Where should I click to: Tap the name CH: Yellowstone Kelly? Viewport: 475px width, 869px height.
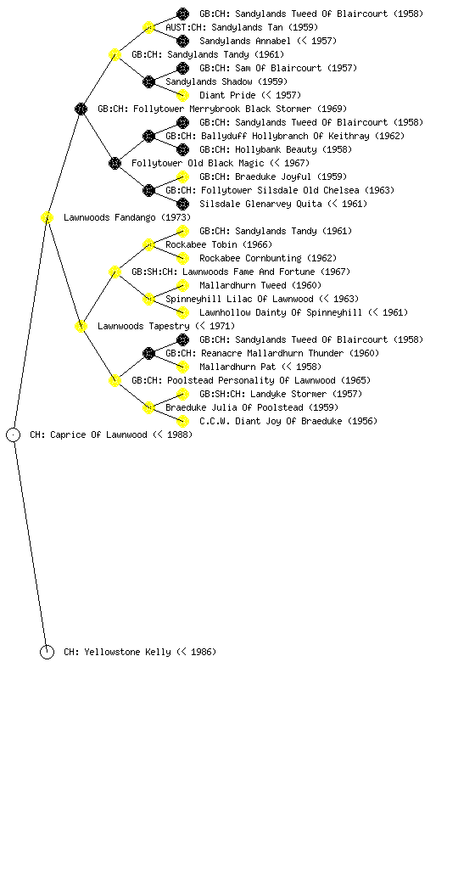coord(140,653)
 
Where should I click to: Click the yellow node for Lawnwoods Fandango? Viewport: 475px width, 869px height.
coord(47,218)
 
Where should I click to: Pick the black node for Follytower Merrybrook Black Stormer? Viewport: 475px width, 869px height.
coord(81,109)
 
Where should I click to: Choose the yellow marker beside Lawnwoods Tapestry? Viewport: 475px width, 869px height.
coord(81,327)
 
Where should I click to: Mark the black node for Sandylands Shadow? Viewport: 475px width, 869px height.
coord(148,82)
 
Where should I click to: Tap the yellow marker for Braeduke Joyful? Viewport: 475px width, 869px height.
coord(182,177)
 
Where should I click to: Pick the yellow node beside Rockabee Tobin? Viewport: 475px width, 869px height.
coord(148,245)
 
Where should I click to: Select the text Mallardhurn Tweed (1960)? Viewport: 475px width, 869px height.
coord(260,285)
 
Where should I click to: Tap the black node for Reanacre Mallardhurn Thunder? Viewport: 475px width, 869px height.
coord(148,354)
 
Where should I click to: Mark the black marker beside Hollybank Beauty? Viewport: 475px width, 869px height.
coord(182,149)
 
